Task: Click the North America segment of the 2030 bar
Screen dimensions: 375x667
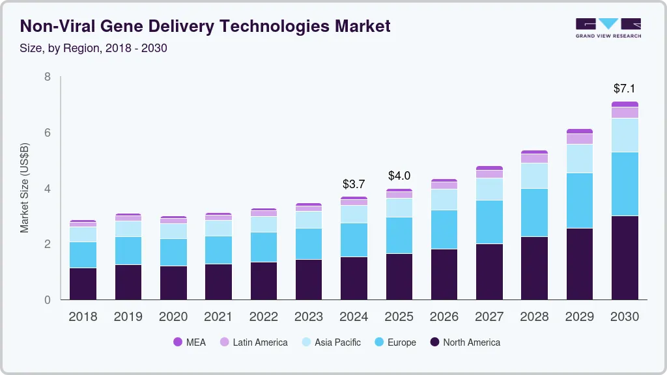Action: click(625, 258)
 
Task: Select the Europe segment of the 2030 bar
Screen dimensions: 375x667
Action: click(625, 184)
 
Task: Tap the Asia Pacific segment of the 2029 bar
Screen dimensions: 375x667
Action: click(580, 158)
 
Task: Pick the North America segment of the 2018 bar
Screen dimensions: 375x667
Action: click(83, 284)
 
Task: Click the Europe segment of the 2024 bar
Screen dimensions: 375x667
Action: click(354, 240)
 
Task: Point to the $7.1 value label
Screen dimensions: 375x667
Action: click(625, 88)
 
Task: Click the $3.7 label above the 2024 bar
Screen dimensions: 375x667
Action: click(354, 184)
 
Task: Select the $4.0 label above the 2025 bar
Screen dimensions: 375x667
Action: click(399, 176)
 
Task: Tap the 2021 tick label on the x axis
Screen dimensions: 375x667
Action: click(218, 317)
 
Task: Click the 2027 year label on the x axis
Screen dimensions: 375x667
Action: click(489, 317)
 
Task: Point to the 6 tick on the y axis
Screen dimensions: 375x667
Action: click(48, 133)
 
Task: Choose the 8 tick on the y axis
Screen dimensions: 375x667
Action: click(48, 77)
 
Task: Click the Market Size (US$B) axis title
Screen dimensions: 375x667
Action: click(24, 188)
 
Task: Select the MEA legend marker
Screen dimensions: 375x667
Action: click(178, 342)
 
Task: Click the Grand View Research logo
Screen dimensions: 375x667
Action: click(608, 27)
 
